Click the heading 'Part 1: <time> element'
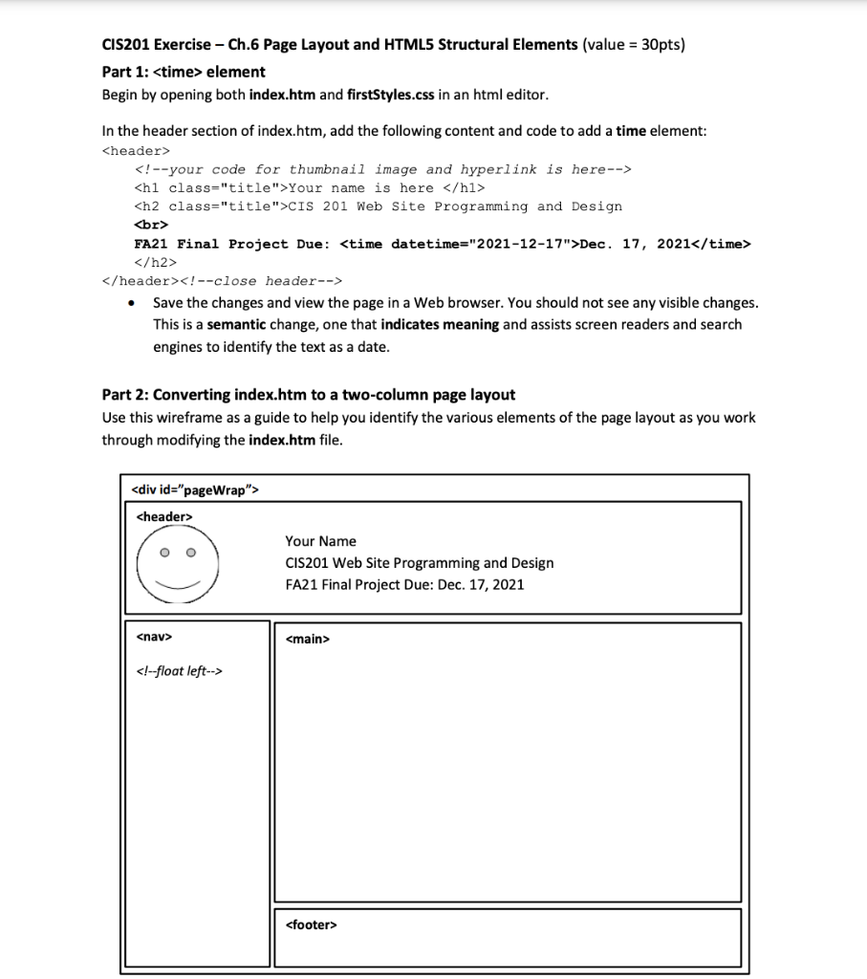coord(184,72)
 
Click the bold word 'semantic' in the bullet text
coord(236,324)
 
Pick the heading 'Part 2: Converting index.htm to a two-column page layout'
coord(308,394)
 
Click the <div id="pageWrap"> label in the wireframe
coord(194,490)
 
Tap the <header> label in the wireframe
coord(164,516)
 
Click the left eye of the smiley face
coord(165,552)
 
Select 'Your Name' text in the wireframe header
coord(320,541)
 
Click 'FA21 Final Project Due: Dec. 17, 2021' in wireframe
coord(404,584)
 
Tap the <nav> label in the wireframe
coord(154,635)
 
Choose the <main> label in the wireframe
coord(307,638)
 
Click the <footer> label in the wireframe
coord(311,925)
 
